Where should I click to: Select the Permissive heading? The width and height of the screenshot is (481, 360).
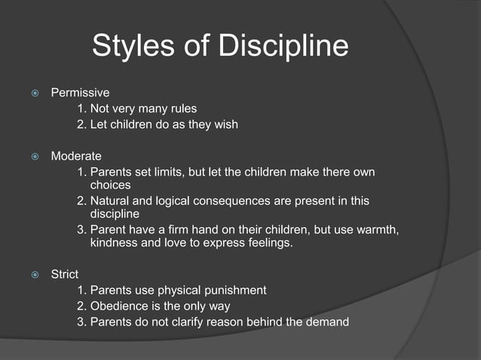click(80, 93)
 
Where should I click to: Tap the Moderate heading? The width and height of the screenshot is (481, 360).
click(76, 156)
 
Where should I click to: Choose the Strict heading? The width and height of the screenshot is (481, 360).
click(65, 275)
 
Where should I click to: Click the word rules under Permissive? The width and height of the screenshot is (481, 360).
click(181, 108)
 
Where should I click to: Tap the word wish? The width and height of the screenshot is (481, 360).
click(224, 124)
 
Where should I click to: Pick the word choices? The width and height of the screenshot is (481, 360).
click(110, 185)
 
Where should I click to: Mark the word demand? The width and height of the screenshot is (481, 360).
click(327, 322)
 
